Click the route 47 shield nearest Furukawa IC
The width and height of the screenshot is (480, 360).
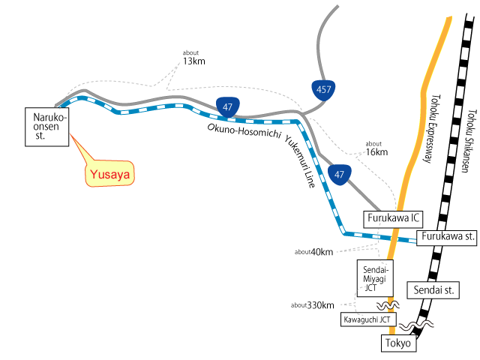tap(340, 175)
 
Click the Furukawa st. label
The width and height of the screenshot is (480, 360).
tap(447, 237)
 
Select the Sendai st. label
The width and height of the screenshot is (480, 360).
tap(430, 289)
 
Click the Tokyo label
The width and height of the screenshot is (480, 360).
tap(398, 343)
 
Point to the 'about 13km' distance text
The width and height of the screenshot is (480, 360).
tap(193, 58)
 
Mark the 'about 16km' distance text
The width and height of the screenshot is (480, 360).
tap(375, 148)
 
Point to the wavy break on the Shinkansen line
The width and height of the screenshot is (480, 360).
tap(415, 327)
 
